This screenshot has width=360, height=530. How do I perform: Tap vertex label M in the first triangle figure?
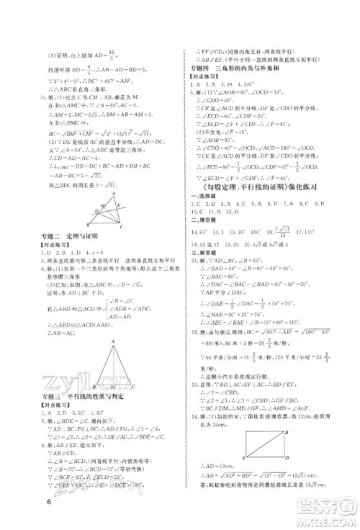(x=107, y=215)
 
